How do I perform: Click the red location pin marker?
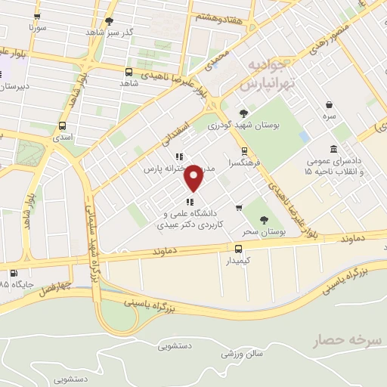pos(194,176)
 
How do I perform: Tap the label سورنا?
pos(38,27)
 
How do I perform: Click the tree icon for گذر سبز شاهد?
pos(110,21)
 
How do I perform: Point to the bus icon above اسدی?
pos(61,126)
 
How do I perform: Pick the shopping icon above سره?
pos(329,105)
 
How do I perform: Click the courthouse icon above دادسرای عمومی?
pos(333,149)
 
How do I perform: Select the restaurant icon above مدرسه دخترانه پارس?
pos(178,157)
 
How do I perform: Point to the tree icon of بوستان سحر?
pos(263,218)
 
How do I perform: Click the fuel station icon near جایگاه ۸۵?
pos(13,274)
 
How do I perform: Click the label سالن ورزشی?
pos(242,353)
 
